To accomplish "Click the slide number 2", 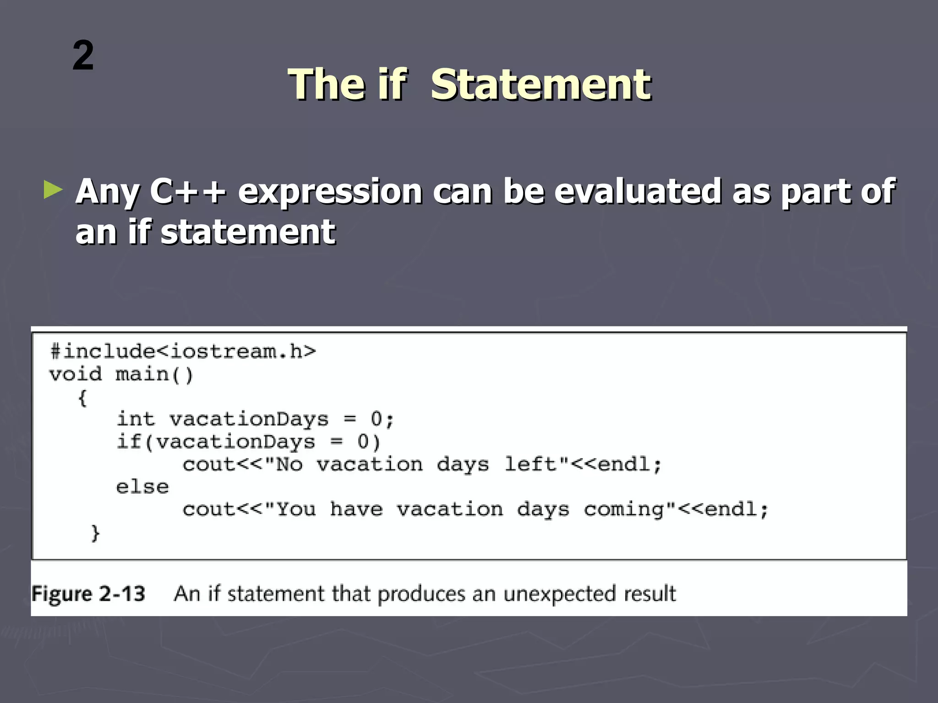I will coord(83,55).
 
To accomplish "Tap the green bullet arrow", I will coord(53,189).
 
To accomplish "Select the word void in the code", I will coord(76,374).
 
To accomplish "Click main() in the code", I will coord(154,375).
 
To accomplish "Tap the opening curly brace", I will coord(82,398).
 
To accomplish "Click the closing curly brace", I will coord(95,533).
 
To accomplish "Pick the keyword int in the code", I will coord(136,419).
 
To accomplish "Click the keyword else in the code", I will coord(142,487).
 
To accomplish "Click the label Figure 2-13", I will coord(88,594).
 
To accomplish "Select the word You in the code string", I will coord(296,510).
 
